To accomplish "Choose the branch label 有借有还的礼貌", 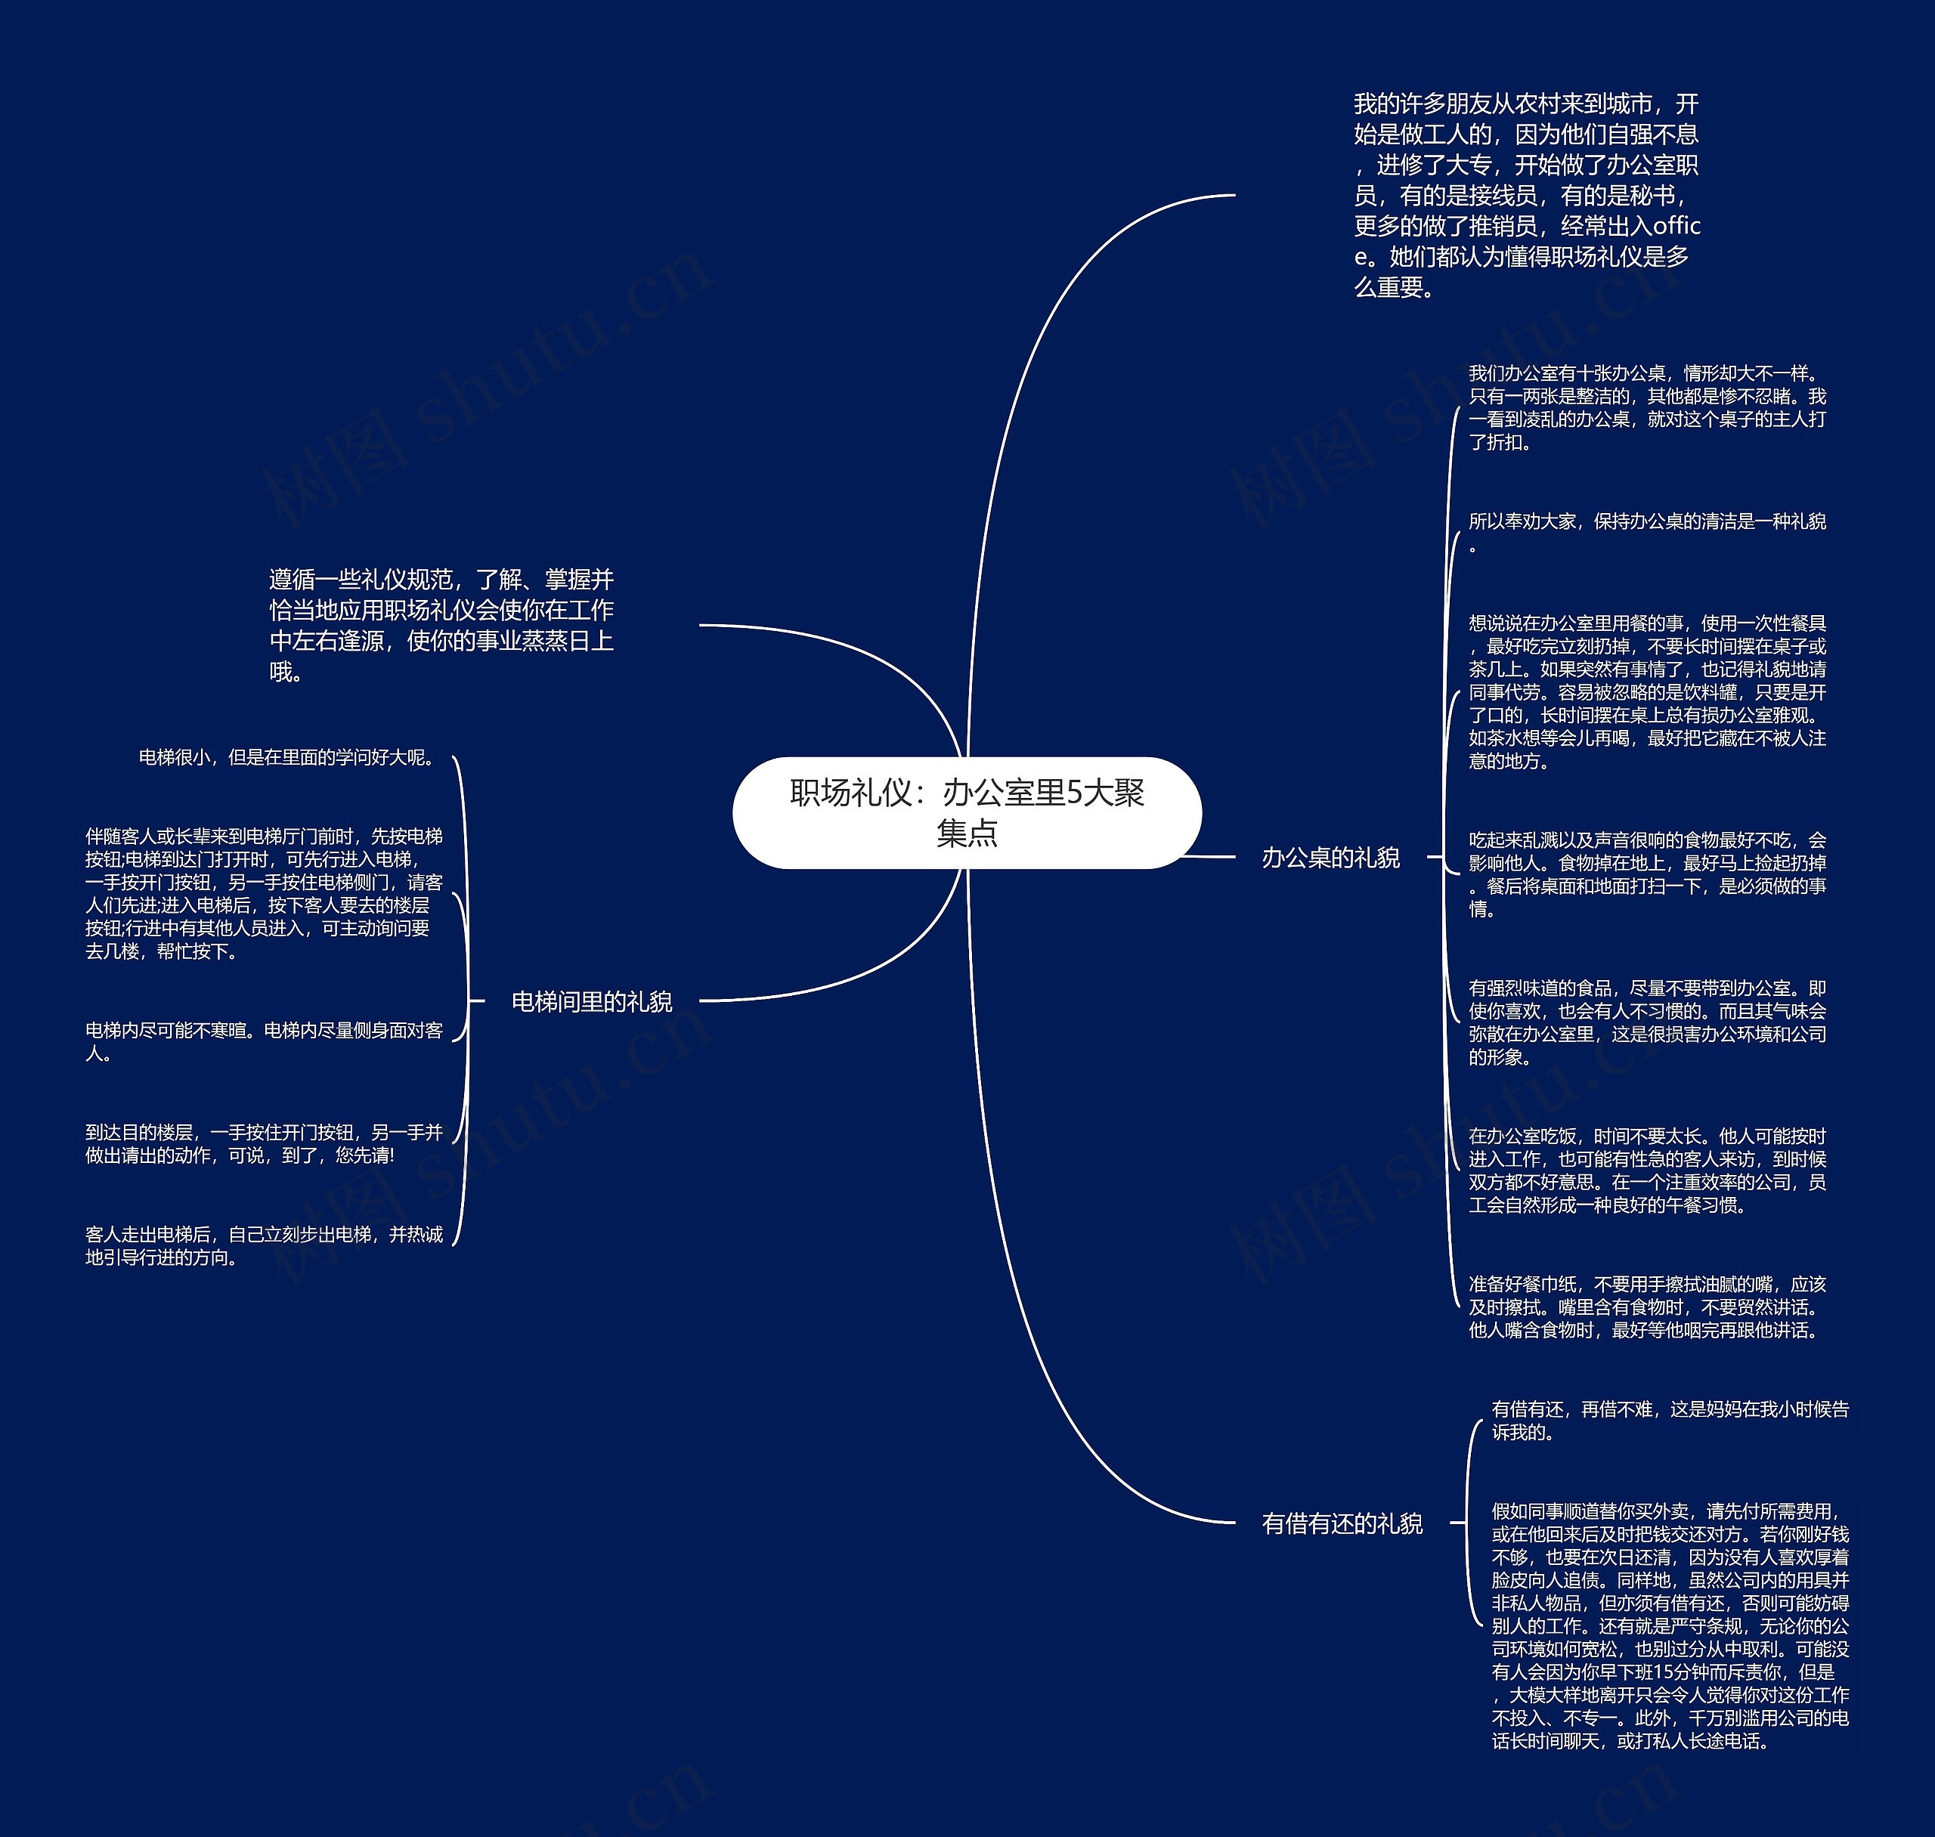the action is [x=1342, y=1523].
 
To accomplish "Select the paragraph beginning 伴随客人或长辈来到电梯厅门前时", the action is [x=265, y=893].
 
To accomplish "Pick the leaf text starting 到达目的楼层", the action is [x=265, y=1144].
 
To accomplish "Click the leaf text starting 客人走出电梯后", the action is [x=265, y=1245].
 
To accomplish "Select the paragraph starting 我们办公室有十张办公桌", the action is [x=1647, y=407].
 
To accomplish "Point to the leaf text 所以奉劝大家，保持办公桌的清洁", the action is [x=1647, y=532].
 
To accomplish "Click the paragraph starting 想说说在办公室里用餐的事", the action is [x=1647, y=691].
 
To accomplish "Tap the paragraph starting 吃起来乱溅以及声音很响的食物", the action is [x=1647, y=874].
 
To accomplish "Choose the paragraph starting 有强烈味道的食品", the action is [x=1647, y=1022].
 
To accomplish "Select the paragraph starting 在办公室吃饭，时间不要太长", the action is [x=1647, y=1171].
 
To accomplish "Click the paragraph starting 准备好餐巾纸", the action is [x=1647, y=1307].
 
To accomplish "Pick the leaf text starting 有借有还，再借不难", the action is [x=1670, y=1420].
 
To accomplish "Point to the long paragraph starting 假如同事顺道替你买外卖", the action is [x=1670, y=1625].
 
